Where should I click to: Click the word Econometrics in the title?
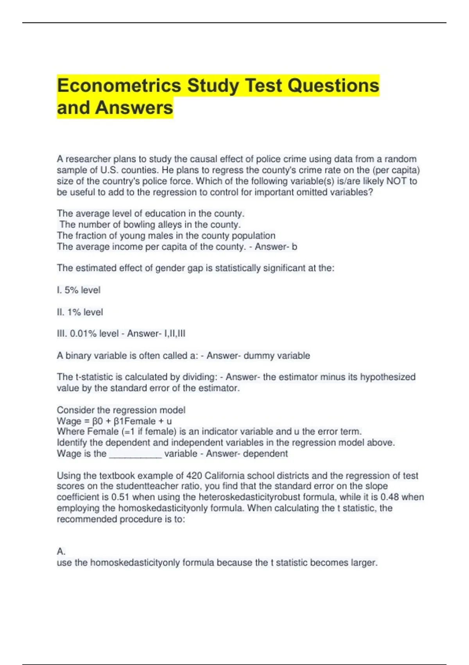119,86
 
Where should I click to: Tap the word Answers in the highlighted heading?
134,108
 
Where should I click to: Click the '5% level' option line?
79,290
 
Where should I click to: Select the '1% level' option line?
80,312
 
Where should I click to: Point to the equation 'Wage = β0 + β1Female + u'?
114,421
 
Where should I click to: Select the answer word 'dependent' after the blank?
265,454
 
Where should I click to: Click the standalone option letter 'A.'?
61,552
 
